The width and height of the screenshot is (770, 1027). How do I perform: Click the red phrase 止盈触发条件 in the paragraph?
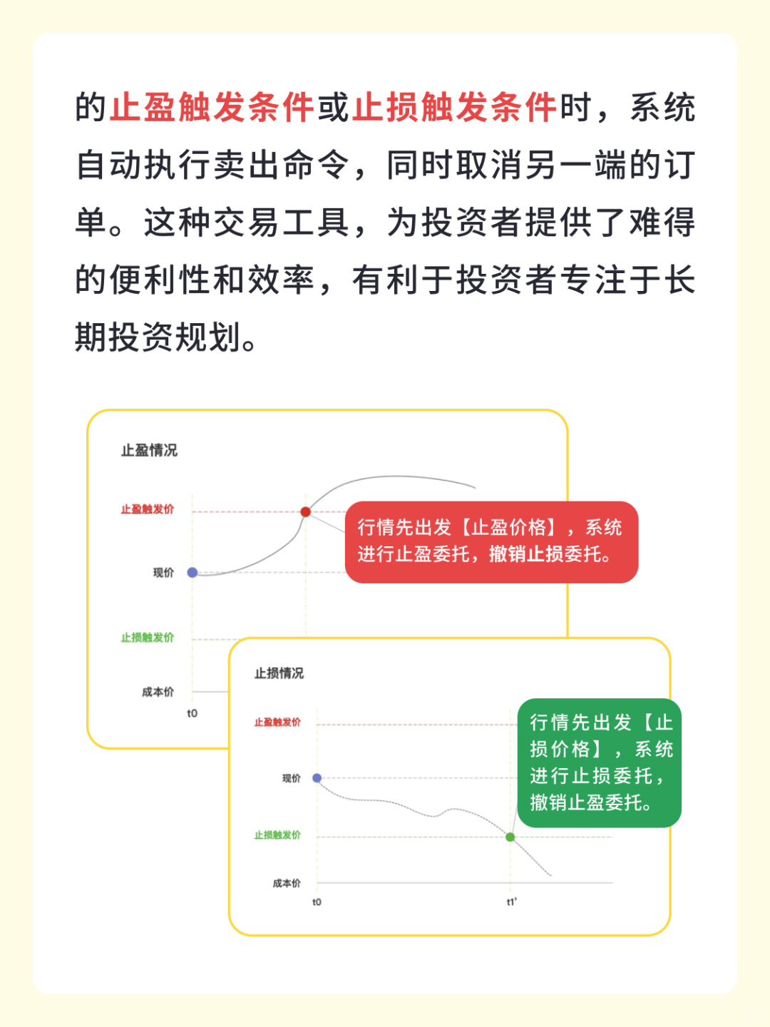click(x=212, y=108)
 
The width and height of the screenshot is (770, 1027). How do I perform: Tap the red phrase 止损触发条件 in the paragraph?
click(x=454, y=108)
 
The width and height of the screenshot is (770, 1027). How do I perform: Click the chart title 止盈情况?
click(x=149, y=451)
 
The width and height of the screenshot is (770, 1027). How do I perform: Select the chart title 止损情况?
click(x=279, y=673)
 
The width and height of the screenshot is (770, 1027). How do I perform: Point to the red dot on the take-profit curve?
click(x=305, y=512)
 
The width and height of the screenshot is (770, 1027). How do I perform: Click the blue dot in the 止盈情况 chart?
click(x=192, y=573)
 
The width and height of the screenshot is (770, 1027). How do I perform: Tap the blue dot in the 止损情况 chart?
click(x=317, y=778)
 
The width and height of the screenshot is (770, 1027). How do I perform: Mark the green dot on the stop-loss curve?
click(x=510, y=837)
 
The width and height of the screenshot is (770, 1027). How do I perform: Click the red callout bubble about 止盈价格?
click(x=491, y=541)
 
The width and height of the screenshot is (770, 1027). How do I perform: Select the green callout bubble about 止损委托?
click(x=600, y=762)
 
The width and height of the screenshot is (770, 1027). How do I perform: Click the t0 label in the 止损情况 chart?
click(x=317, y=902)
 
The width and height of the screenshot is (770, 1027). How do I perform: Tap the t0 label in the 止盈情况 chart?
click(x=192, y=713)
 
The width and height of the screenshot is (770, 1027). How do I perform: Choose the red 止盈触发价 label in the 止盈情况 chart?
click(x=148, y=509)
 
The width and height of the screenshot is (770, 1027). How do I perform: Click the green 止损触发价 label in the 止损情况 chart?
click(x=277, y=835)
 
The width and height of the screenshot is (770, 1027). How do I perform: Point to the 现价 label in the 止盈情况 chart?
click(x=163, y=573)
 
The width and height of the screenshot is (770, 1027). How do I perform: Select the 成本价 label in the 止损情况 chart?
click(x=287, y=884)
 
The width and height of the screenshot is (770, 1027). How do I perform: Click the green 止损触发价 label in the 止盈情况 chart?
click(x=148, y=638)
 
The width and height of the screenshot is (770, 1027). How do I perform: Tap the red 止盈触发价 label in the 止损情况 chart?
click(x=277, y=722)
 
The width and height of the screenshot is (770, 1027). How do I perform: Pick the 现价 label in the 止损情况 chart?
click(x=291, y=778)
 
